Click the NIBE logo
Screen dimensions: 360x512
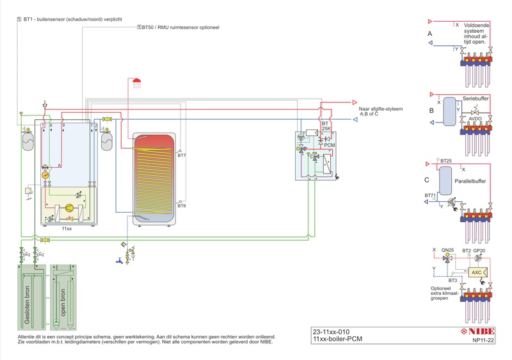(x=479, y=332)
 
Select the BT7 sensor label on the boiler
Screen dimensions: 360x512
(x=181, y=156)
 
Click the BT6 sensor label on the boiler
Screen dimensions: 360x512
(x=181, y=206)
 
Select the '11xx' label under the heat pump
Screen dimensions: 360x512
(x=67, y=229)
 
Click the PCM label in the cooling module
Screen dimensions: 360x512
(x=330, y=146)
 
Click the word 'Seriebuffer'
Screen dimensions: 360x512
(x=476, y=98)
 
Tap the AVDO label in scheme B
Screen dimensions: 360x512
(x=476, y=119)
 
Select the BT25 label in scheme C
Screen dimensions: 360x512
(x=446, y=160)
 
